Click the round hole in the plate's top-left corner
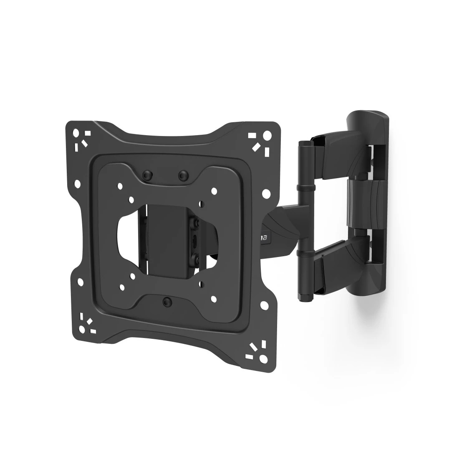[76, 134]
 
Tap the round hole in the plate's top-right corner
[266, 136]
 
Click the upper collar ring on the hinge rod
[303, 189]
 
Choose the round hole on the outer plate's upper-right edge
[266, 193]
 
